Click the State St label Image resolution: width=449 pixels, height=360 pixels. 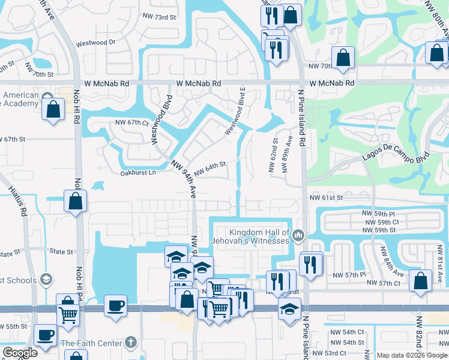click(x=61, y=252)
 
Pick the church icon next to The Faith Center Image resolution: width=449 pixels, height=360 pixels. click(x=131, y=343)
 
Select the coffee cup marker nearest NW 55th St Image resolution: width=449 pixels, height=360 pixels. click(x=45, y=334)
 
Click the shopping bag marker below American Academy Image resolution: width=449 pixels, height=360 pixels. click(x=53, y=110)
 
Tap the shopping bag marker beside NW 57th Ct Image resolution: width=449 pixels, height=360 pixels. click(x=421, y=280)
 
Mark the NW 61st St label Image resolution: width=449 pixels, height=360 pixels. click(x=326, y=197)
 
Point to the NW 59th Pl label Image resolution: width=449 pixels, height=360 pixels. click(x=378, y=214)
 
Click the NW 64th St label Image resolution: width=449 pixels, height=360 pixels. click(x=209, y=165)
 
